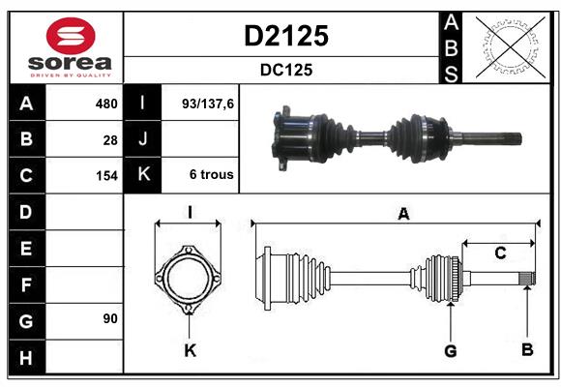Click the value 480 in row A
click(105, 104)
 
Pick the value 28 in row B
click(109, 139)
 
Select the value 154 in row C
click(105, 176)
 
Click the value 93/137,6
click(201, 104)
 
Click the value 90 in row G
click(109, 317)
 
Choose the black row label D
click(25, 211)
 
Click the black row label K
click(144, 175)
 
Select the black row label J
click(144, 139)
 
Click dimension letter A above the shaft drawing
click(403, 215)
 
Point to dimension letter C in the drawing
click(500, 253)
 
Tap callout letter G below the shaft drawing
click(450, 350)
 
